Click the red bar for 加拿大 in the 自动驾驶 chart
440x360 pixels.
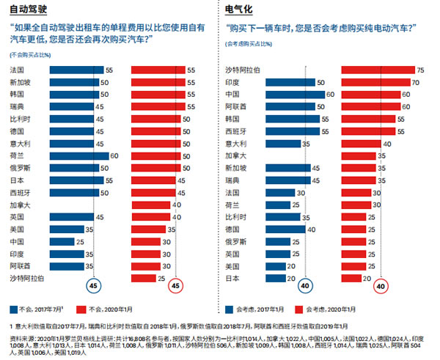point(150,205)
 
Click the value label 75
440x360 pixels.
point(420,70)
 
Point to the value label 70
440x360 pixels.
point(415,82)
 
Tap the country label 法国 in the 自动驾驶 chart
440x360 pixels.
point(17,70)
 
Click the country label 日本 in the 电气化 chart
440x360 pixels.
point(232,278)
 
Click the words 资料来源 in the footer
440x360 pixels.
point(20,331)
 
